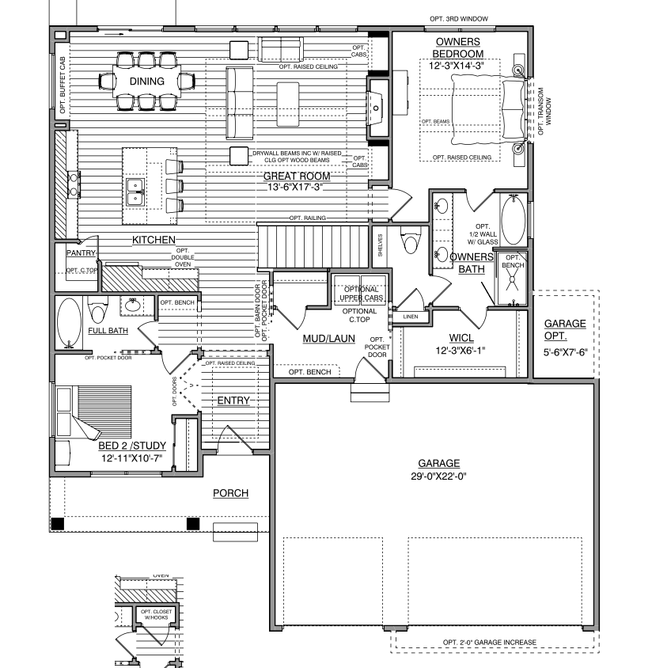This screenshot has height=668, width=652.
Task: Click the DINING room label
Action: (x=146, y=82)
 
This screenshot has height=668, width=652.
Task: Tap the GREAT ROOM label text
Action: (x=297, y=176)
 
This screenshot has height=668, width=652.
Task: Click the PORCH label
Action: (x=230, y=494)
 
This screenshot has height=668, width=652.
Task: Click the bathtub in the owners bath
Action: (x=513, y=220)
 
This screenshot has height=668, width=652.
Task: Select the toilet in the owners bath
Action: (x=410, y=241)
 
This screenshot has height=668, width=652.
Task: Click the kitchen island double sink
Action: (x=135, y=187)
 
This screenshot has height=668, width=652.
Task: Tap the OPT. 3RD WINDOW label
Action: (x=458, y=18)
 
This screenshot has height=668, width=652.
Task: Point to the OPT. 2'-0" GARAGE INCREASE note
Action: (x=489, y=642)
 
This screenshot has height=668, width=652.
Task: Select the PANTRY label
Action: (x=81, y=253)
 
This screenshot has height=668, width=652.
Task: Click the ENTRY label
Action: (x=233, y=401)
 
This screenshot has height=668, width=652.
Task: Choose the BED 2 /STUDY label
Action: (x=131, y=446)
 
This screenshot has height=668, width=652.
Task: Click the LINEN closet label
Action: (x=410, y=317)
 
